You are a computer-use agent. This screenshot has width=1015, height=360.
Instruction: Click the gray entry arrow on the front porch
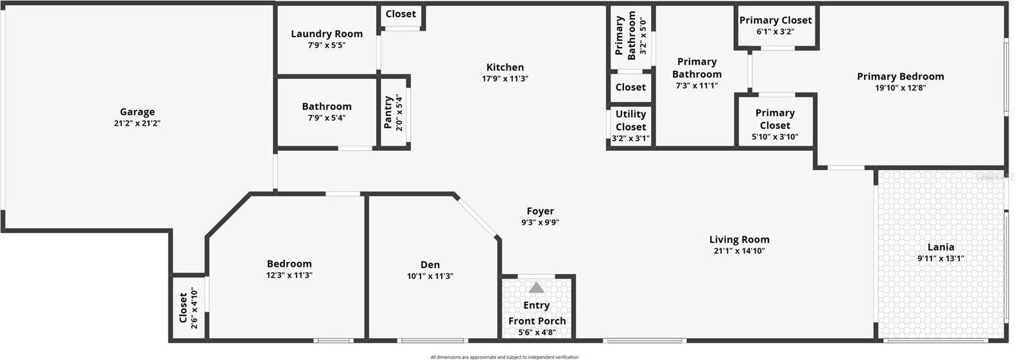[537, 287]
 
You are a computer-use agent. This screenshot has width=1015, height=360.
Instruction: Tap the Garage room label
[137, 112]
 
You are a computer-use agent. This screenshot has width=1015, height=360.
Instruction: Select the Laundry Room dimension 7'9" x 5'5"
[327, 46]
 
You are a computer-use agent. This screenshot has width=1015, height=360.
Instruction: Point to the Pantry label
[388, 112]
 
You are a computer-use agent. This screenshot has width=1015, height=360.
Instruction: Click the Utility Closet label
[630, 120]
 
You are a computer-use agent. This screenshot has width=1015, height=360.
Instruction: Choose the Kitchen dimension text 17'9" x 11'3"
[505, 79]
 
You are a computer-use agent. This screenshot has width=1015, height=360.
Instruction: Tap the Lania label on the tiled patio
[941, 247]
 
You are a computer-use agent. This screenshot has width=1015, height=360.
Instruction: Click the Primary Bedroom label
[900, 76]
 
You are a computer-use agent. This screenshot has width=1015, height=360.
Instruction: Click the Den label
[430, 264]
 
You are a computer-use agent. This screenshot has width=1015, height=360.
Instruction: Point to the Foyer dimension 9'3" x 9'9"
[540, 223]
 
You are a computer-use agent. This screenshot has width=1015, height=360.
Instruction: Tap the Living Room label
[739, 239]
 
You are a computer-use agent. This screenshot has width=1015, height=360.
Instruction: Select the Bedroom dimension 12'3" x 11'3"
[289, 275]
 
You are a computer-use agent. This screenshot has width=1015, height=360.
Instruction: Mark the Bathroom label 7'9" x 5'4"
[327, 107]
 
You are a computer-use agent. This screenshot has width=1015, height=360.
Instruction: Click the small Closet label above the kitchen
[401, 14]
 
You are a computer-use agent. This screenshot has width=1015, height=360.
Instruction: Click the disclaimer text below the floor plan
[504, 357]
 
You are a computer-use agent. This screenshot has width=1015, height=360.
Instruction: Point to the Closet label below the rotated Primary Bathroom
[630, 87]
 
